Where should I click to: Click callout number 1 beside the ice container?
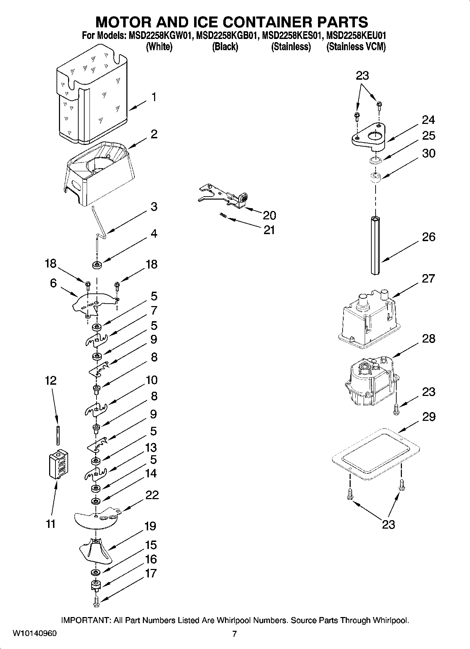click(x=153, y=97)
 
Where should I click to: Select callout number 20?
click(x=269, y=215)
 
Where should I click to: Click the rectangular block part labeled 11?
click(x=58, y=464)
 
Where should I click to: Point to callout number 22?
click(x=152, y=495)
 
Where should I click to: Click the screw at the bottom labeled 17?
click(x=96, y=602)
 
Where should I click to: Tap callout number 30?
click(x=428, y=153)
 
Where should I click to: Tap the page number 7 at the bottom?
click(x=234, y=634)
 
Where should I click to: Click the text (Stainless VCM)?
click(x=356, y=47)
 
